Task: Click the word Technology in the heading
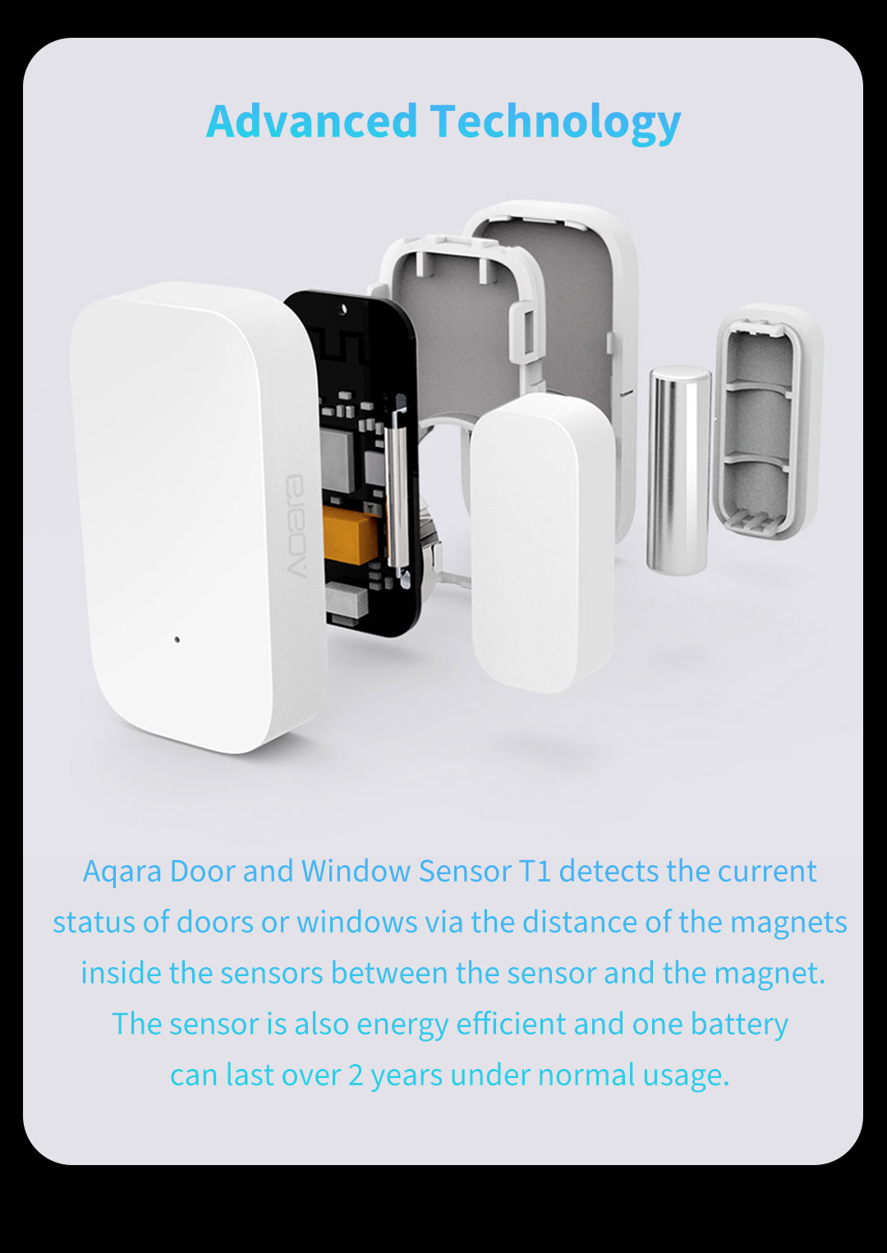coord(555,123)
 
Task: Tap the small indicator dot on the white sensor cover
coord(177,638)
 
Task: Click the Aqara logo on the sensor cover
coord(297,525)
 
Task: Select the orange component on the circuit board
coord(345,536)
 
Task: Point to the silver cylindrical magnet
coord(678,470)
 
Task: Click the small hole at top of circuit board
coord(342,308)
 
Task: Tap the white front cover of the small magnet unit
coord(541,541)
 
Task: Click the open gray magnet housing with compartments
coord(769,422)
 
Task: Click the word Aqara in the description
coord(122,873)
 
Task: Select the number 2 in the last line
coord(356,1076)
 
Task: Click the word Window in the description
coord(356,872)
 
